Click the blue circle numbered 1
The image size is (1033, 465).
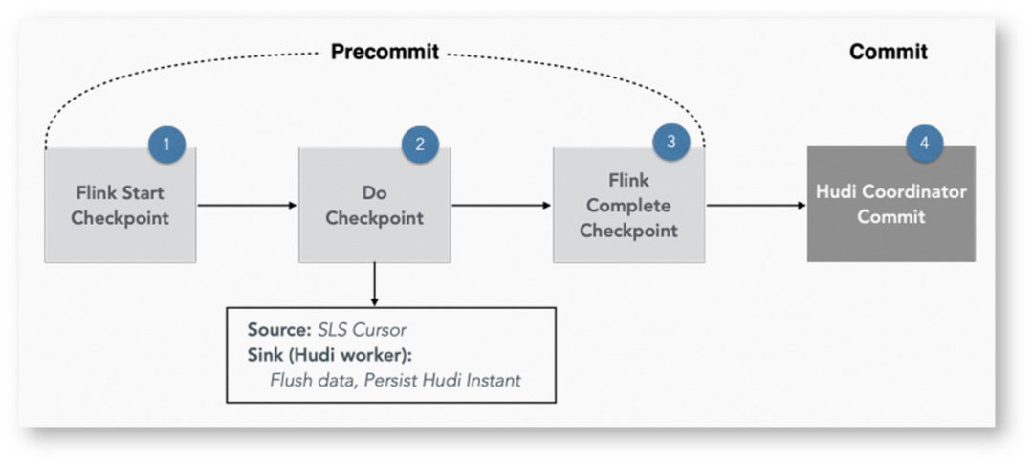coord(166,144)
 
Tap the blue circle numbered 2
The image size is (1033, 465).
coord(420,144)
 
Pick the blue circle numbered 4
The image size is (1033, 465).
coord(924,144)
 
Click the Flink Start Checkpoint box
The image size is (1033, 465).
coord(120,205)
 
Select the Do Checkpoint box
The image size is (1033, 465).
coord(374,205)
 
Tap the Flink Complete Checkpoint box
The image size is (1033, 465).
coord(628,205)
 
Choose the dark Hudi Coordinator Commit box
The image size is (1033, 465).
coord(891,204)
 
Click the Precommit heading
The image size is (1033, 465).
coord(385,52)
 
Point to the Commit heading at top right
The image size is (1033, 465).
coord(888,52)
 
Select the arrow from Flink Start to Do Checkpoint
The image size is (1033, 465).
coord(247,206)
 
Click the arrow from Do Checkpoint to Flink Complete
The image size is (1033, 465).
coord(501,206)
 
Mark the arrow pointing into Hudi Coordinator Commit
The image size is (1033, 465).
coord(757,206)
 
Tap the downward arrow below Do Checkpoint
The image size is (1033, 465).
coord(374,284)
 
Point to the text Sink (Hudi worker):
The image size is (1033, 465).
coord(330,355)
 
